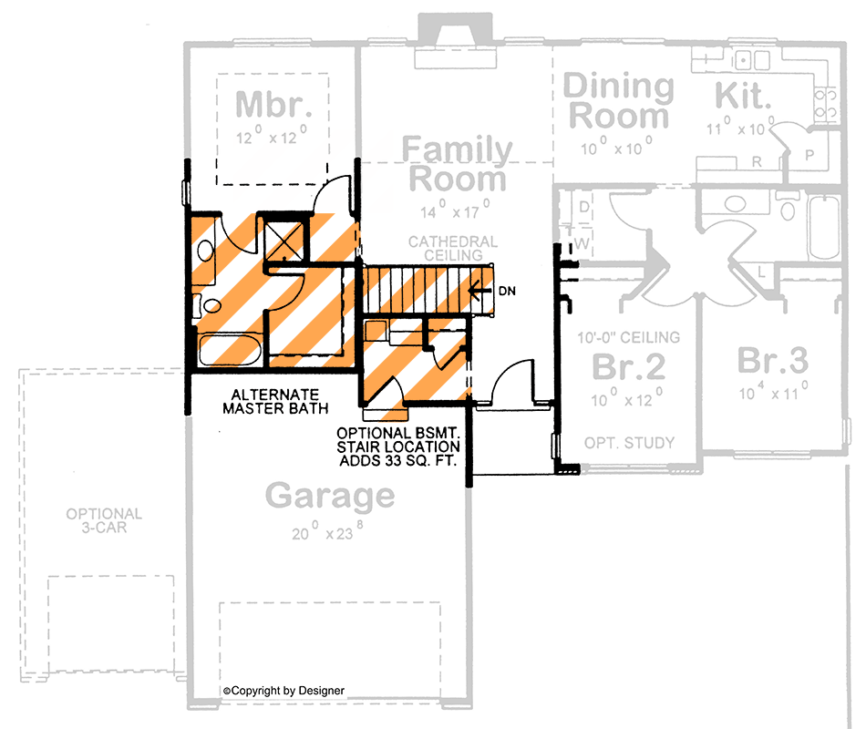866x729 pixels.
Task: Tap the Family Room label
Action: [x=457, y=164]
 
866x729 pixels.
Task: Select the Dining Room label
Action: [x=619, y=102]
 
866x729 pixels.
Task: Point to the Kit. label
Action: [x=743, y=94]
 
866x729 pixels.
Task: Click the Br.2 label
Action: [x=629, y=365]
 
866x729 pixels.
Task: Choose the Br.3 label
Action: [x=772, y=361]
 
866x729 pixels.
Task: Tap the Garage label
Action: [x=330, y=498]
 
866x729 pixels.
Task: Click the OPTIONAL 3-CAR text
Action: [x=103, y=520]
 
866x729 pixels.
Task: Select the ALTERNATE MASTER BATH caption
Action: [x=275, y=402]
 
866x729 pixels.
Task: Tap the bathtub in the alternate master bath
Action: [x=229, y=351]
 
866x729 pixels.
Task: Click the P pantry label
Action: [x=809, y=155]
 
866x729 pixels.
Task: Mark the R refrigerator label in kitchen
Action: [x=756, y=162]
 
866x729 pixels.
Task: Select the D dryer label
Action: [x=584, y=209]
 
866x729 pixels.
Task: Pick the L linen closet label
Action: [x=762, y=271]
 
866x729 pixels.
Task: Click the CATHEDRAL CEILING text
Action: [x=452, y=249]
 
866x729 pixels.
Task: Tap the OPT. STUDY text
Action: [x=629, y=443]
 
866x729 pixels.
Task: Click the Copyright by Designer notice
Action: [x=284, y=691]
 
